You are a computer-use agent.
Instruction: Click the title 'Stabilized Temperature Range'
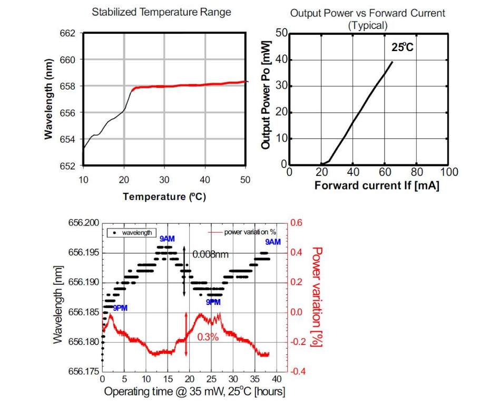161,12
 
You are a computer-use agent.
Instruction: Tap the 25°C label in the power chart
403,47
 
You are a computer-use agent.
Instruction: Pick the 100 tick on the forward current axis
449,172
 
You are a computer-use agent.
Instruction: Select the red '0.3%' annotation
208,337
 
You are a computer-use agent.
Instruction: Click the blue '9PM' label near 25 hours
213,302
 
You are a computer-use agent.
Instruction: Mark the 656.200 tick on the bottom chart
83,223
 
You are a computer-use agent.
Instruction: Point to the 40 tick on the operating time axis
277,379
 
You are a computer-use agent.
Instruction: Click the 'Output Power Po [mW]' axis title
266,100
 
